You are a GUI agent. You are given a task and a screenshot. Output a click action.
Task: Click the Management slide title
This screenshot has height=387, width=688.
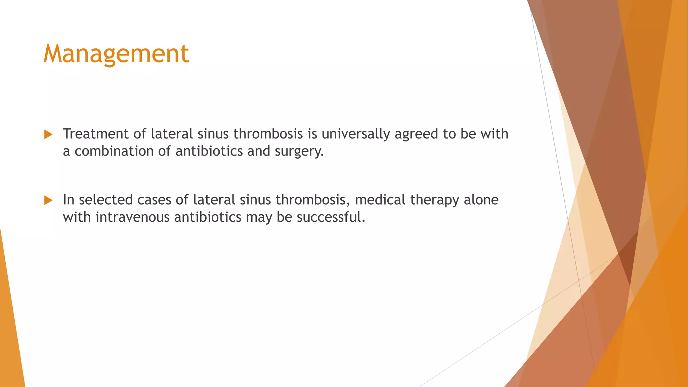tap(116, 54)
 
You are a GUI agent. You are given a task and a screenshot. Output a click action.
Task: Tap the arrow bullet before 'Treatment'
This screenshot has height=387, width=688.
tap(48, 135)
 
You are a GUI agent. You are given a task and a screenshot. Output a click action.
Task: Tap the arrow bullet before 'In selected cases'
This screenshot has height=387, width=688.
tap(48, 201)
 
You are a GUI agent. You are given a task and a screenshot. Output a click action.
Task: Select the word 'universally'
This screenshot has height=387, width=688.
tap(356, 134)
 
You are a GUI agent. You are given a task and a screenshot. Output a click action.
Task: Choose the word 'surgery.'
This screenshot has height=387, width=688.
tap(299, 152)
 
